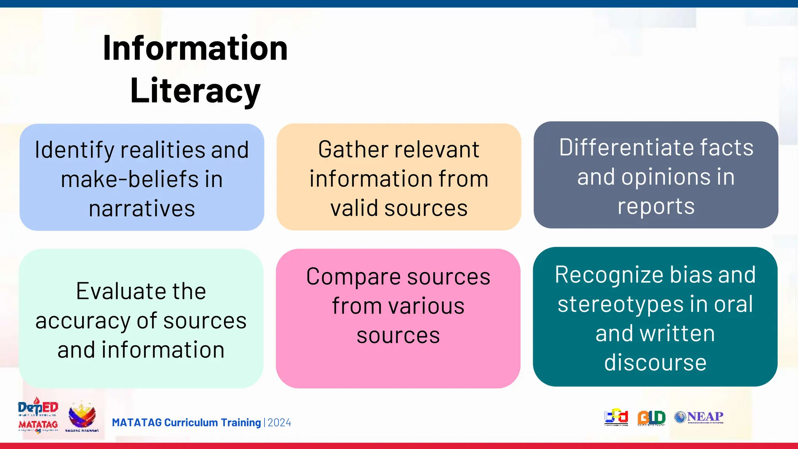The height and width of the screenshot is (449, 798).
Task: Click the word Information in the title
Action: [x=195, y=48]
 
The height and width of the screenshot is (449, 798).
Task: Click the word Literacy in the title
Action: [x=195, y=91]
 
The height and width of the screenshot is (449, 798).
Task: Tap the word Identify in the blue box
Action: [x=74, y=150]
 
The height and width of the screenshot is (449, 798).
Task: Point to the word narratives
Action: [x=142, y=209]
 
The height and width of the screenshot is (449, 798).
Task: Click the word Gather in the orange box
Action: [x=353, y=150]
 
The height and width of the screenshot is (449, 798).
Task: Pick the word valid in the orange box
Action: [x=354, y=208]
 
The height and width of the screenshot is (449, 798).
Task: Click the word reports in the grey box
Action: [x=656, y=206]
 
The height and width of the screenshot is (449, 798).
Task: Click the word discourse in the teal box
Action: [x=655, y=362]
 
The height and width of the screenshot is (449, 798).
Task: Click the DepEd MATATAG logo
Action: [x=38, y=415]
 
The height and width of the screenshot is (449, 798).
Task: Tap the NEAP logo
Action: [x=699, y=417]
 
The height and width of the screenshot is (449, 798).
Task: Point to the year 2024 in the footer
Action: [x=279, y=423]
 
